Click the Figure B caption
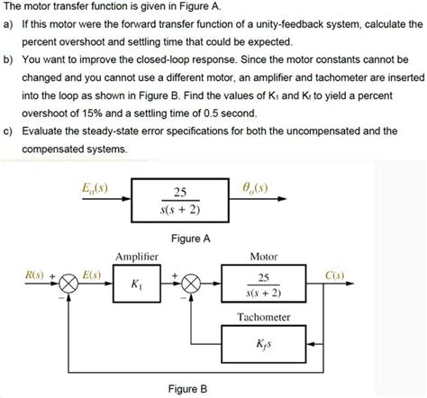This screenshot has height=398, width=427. (x=189, y=389)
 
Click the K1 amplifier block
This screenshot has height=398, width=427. (x=136, y=285)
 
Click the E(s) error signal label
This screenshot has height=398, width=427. (x=90, y=272)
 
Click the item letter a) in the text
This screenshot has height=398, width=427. (x=9, y=25)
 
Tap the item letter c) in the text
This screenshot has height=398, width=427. (x=9, y=131)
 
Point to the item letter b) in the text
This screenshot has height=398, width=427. (x=9, y=60)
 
